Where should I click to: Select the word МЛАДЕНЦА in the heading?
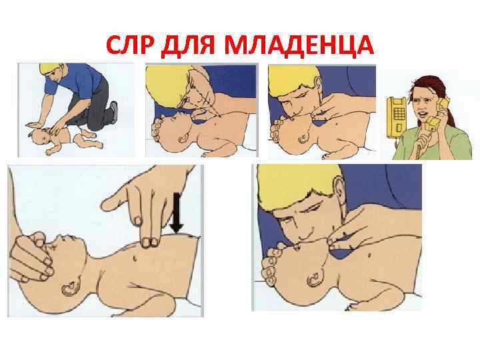299,46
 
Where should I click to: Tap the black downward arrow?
176,213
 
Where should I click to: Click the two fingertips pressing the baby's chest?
150,242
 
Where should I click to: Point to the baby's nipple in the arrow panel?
135,259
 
